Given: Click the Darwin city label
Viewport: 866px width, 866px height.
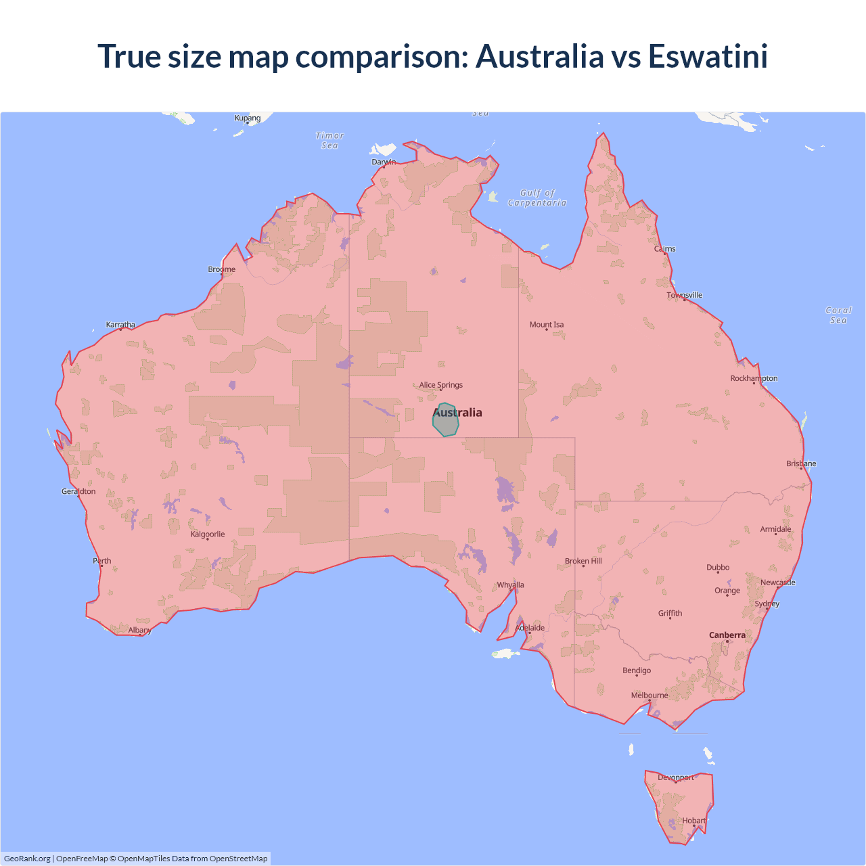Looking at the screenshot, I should [x=384, y=162].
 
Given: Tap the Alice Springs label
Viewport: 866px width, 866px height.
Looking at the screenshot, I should [x=441, y=385].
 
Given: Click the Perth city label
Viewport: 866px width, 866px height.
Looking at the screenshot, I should [x=102, y=561].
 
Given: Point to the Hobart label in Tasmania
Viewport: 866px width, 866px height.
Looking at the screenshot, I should [x=694, y=821].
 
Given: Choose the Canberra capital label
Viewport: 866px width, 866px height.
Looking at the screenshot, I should [x=727, y=635].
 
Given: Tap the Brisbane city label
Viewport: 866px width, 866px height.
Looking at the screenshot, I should [x=801, y=463].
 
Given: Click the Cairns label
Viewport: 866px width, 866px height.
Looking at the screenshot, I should [x=665, y=249].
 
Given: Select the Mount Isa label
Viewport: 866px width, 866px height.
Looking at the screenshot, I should [x=547, y=325].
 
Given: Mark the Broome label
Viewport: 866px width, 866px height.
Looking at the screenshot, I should [x=222, y=269].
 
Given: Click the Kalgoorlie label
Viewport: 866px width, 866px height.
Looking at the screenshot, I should [x=208, y=534].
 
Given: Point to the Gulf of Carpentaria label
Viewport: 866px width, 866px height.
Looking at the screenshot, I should [x=537, y=198].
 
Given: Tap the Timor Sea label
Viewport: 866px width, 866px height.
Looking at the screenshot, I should [x=330, y=141].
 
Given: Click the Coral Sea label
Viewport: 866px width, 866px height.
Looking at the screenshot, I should [x=838, y=315].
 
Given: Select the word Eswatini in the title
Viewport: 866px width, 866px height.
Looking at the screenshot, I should [x=708, y=56].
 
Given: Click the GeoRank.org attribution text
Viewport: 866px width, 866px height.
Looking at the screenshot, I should [x=27, y=859].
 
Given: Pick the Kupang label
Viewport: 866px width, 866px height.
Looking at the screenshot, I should [x=248, y=118].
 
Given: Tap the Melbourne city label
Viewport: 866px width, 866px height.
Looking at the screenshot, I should [x=649, y=696].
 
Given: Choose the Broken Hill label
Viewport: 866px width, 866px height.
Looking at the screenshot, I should [x=583, y=562].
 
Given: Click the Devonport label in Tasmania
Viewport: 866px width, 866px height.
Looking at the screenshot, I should [x=676, y=777].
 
